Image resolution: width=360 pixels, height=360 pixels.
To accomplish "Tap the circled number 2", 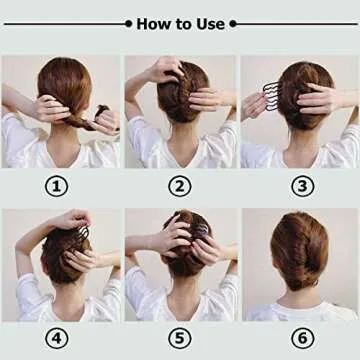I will [180, 184].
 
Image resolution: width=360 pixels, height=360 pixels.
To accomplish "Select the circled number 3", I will [301, 184].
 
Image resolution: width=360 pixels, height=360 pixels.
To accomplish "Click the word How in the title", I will [153, 23].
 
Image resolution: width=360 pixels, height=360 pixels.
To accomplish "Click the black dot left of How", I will [128, 23].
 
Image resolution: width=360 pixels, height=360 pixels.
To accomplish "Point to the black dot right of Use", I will [233, 23].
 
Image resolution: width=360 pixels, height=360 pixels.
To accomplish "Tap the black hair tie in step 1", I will [101, 110].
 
